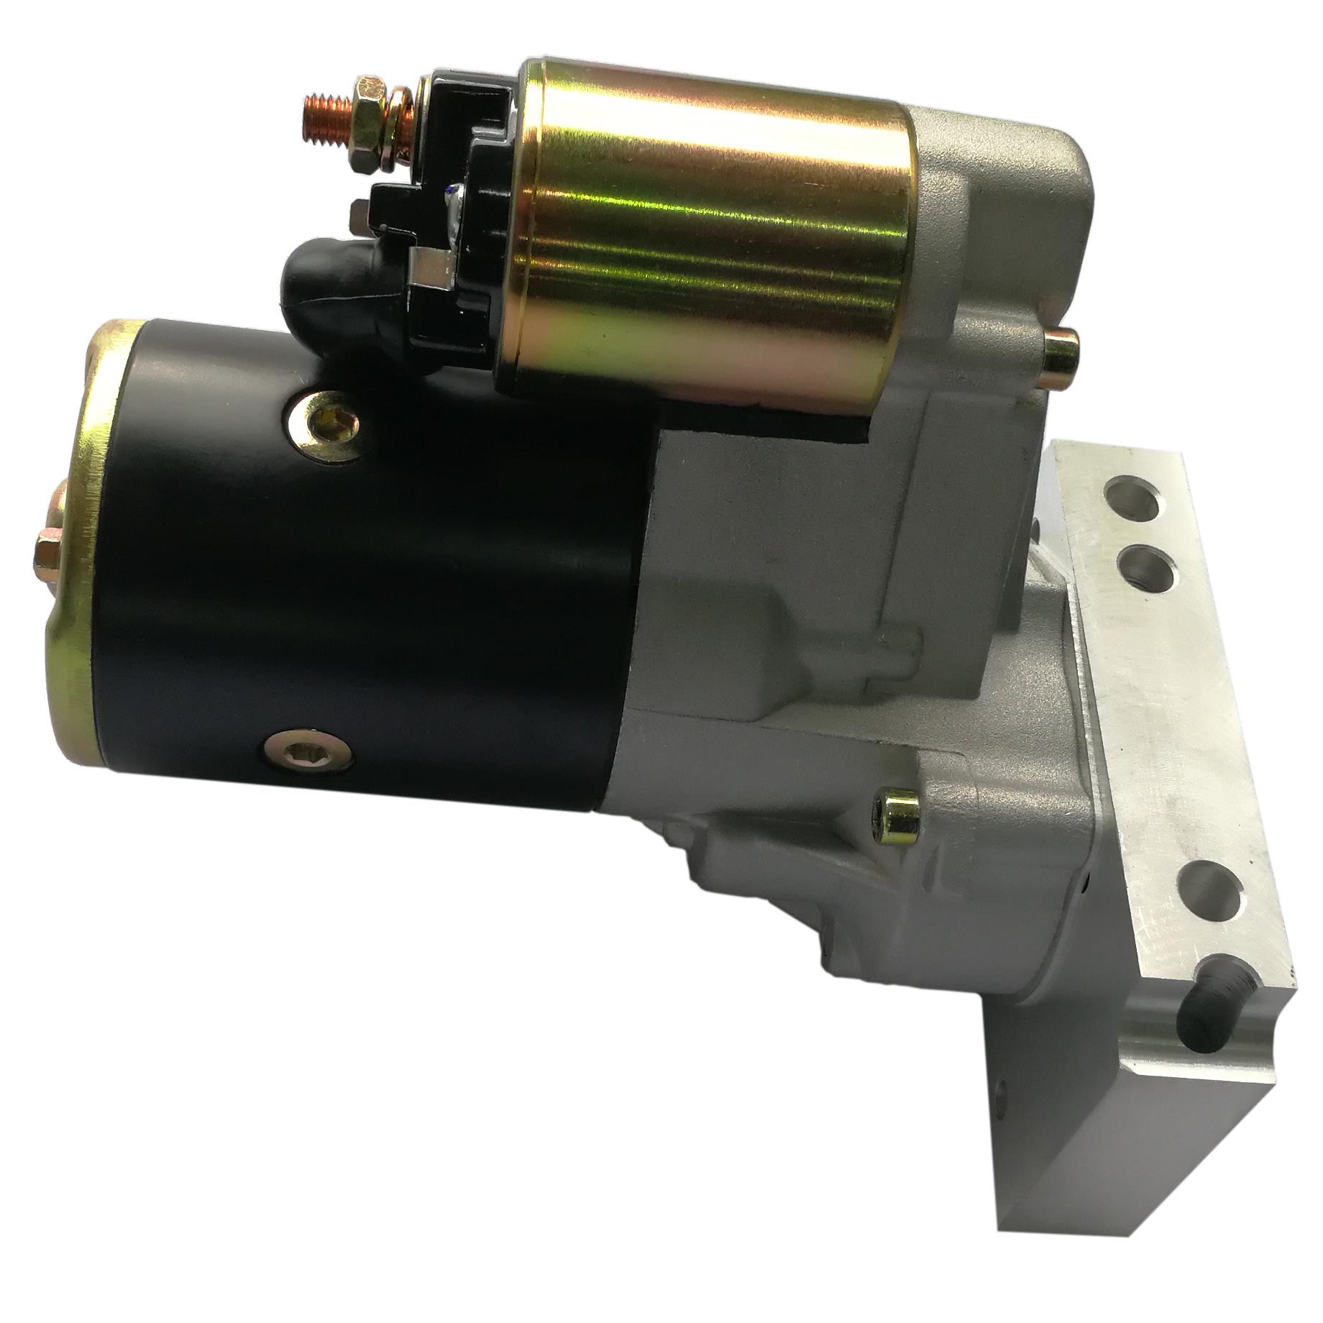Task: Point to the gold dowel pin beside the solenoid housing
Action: (1058, 351)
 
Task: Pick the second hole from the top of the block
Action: (1150, 566)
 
